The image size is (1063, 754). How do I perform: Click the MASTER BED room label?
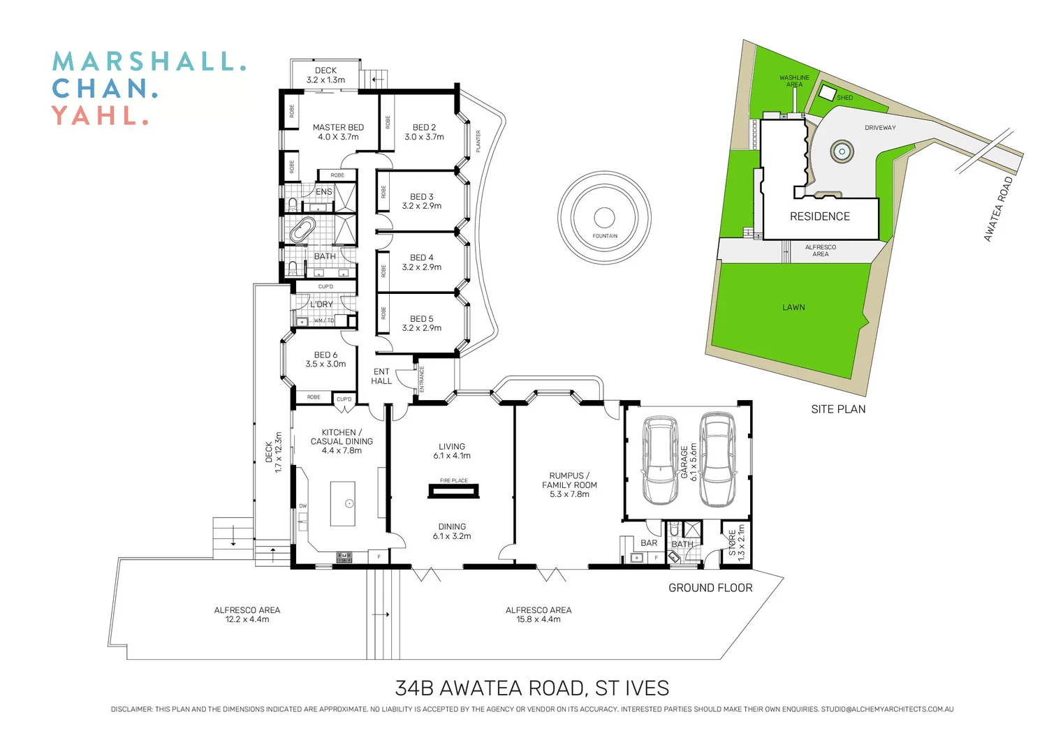(x=338, y=132)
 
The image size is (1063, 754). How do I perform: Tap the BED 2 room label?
(x=424, y=132)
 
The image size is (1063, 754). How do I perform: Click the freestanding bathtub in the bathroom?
(x=302, y=230)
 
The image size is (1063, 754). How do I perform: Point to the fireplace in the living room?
(x=454, y=491)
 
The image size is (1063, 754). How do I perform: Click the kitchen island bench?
(x=343, y=503)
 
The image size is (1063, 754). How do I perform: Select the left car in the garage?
(x=660, y=461)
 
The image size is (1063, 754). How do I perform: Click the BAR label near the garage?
(x=649, y=543)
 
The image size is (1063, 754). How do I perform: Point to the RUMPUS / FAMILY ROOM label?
(x=569, y=485)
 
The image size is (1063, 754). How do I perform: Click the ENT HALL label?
(x=381, y=376)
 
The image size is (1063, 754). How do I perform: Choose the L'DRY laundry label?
(x=321, y=304)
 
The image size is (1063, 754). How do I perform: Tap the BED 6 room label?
(x=325, y=360)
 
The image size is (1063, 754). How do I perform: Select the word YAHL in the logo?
(x=95, y=116)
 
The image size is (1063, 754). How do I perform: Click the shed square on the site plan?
(x=828, y=93)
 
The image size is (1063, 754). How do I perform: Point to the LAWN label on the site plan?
(x=793, y=307)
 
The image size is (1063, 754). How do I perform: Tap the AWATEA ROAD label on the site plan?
(x=998, y=209)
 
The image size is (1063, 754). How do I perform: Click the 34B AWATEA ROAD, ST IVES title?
(x=531, y=688)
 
